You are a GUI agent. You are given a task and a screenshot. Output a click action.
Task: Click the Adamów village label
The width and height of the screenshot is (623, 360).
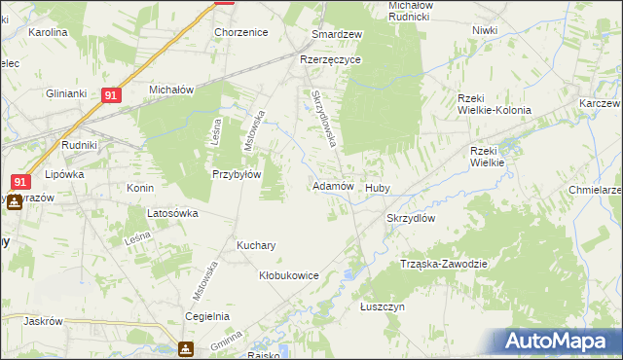331,186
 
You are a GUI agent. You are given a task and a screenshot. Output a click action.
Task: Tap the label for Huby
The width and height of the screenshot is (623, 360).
377,188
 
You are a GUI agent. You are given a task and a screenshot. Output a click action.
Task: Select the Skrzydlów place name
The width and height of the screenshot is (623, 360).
416,219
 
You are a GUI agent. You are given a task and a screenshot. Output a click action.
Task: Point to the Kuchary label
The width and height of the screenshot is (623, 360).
256,246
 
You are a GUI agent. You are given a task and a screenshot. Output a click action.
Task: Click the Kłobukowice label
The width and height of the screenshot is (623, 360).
289,276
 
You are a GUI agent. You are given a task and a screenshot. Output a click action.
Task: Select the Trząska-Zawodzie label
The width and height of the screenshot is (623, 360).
443,264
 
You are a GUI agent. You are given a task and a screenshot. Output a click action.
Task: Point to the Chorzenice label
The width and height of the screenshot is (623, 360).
240,32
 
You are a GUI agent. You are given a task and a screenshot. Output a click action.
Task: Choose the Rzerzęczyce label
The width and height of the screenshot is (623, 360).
331,59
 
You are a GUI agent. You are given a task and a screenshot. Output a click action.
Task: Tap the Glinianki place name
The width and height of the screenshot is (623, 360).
67,93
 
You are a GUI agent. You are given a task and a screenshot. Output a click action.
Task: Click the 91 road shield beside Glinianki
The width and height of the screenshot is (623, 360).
111,95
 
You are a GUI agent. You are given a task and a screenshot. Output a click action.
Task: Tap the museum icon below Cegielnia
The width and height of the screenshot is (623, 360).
185,349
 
